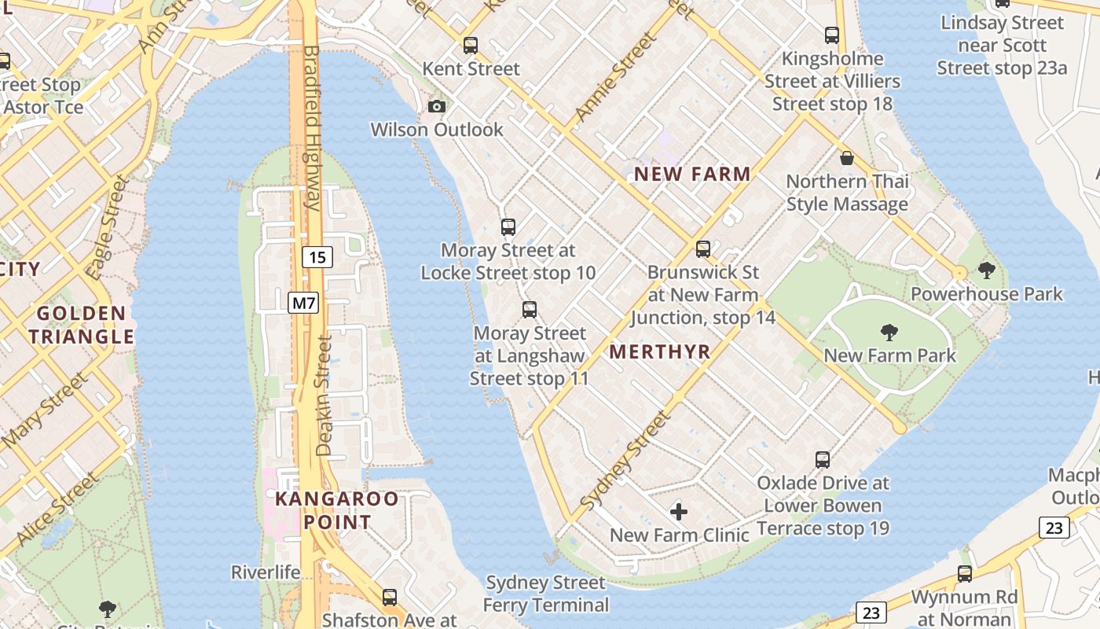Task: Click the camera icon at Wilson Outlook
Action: coord(436,106)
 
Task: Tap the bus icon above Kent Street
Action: coord(471,46)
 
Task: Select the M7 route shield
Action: coord(303,302)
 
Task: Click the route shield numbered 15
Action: coord(317,257)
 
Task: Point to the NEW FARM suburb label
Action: coord(692,175)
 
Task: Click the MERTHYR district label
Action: coord(660,352)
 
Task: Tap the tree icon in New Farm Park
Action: coord(889,333)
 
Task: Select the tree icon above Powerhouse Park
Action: coord(987,271)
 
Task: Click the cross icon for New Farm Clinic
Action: coord(679,513)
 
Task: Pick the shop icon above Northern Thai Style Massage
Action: coord(847,158)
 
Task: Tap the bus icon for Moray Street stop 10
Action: coord(508,227)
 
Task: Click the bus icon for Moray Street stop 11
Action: coord(530,310)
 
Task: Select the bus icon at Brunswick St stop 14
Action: coord(703,249)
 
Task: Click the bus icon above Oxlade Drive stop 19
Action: coord(823,459)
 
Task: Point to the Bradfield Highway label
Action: coord(311,127)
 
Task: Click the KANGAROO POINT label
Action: coord(336,510)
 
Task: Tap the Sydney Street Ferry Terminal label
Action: coord(545,594)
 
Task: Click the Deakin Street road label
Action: coord(324,395)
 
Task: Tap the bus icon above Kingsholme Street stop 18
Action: coord(832,35)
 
